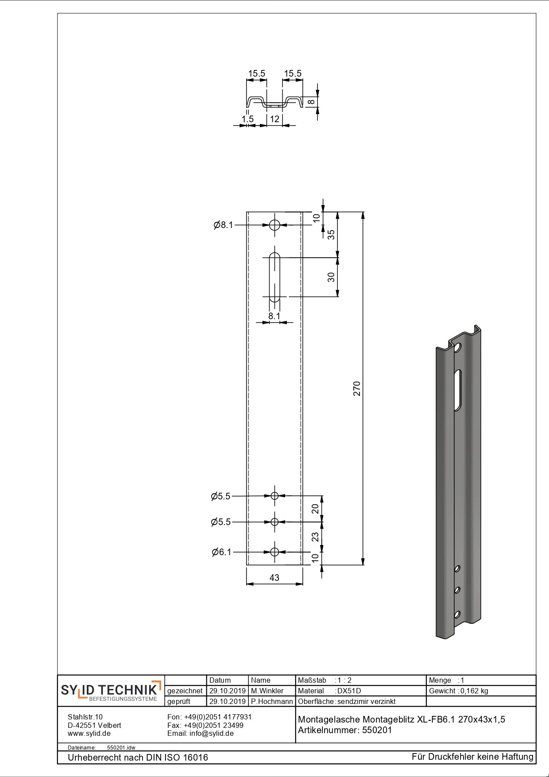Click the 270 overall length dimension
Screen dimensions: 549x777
357,388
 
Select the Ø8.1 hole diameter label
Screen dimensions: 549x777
223,225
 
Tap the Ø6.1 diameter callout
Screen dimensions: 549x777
222,552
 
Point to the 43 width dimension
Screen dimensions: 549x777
274,577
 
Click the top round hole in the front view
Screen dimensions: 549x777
274,225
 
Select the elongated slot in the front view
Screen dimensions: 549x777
274,277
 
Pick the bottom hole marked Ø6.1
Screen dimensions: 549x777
274,552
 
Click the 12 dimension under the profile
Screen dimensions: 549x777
274,119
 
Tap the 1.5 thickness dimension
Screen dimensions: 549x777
247,119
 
